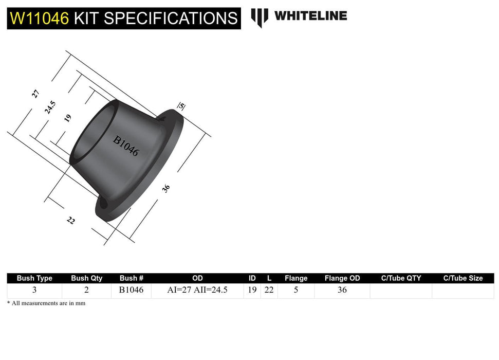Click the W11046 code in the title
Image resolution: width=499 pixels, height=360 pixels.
pyautogui.click(x=39, y=18)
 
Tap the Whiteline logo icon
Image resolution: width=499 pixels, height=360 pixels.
pyautogui.click(x=260, y=17)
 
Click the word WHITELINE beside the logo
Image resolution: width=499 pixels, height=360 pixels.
pyautogui.click(x=310, y=15)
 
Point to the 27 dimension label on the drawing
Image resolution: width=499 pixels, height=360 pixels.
pyautogui.click(x=35, y=94)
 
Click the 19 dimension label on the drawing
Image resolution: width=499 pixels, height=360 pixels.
pyautogui.click(x=67, y=118)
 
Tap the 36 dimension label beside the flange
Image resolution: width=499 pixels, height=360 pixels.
pyautogui.click(x=166, y=188)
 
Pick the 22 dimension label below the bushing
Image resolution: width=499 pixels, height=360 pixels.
pyautogui.click(x=71, y=220)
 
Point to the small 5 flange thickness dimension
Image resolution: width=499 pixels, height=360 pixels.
pyautogui.click(x=181, y=106)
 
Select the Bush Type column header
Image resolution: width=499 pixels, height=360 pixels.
pyautogui.click(x=34, y=278)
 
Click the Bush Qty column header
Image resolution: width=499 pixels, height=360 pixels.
pyautogui.click(x=86, y=278)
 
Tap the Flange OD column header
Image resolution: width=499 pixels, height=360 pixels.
pyautogui.click(x=342, y=278)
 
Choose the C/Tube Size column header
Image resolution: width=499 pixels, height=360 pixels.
pyautogui.click(x=463, y=278)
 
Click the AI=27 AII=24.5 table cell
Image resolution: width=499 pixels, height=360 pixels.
pyautogui.click(x=197, y=290)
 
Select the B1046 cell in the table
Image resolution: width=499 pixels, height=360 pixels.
pyautogui.click(x=132, y=290)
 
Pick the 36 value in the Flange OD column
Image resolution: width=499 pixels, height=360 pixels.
pyautogui.click(x=342, y=290)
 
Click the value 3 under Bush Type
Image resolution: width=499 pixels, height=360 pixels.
pyautogui.click(x=34, y=290)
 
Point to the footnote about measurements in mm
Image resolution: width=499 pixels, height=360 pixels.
pyautogui.click(x=46, y=303)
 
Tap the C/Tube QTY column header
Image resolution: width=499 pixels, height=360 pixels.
pyautogui.click(x=401, y=278)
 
